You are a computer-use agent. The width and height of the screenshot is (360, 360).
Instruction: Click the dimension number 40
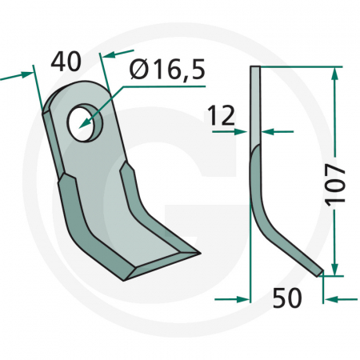[68, 61]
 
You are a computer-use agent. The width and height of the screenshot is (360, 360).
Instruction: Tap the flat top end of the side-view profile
[254, 68]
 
